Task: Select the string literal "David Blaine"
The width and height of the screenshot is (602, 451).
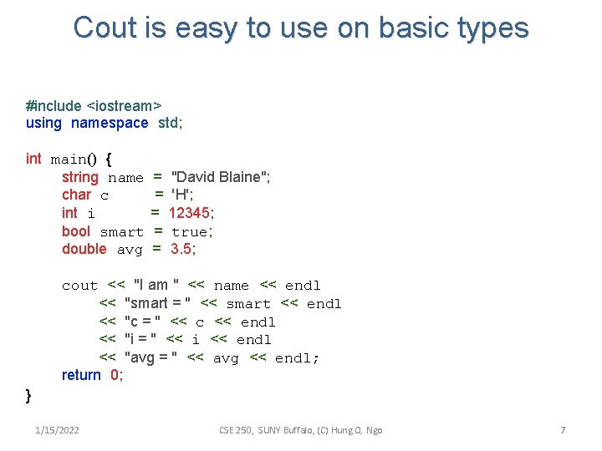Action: coord(220,177)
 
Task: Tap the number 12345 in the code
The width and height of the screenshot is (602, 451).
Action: coord(191,213)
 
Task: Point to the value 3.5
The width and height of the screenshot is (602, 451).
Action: coord(183,249)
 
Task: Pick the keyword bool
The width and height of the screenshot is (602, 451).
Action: coord(76,231)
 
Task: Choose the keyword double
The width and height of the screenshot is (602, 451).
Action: coord(84,249)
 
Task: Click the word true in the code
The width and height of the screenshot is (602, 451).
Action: coord(191,231)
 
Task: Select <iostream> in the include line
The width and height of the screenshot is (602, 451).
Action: coord(124,106)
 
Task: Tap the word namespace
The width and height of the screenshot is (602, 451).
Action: coord(110,124)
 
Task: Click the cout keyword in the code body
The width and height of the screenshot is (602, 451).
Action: coord(79,286)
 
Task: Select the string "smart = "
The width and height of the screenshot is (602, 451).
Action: coord(158,303)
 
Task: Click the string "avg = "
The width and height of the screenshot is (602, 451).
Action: coord(151,357)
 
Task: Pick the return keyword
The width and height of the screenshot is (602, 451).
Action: coord(81,375)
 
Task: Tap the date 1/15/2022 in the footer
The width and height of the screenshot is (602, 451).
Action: coord(58,430)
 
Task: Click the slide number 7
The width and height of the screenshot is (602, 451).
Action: coord(563,430)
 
